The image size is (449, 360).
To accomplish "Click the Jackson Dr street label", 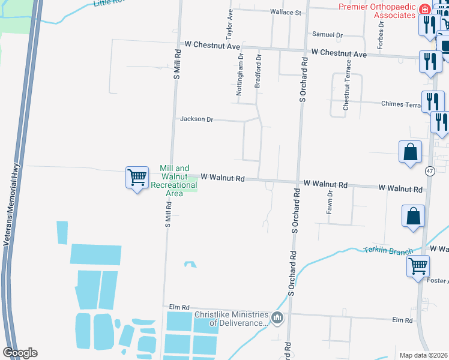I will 197,119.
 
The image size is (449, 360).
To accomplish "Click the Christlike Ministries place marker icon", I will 277,317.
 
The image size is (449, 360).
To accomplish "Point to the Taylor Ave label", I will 229,22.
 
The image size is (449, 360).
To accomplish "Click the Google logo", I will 20,353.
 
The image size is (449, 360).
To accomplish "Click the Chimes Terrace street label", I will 401,104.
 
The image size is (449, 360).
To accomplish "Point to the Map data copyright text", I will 424,355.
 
